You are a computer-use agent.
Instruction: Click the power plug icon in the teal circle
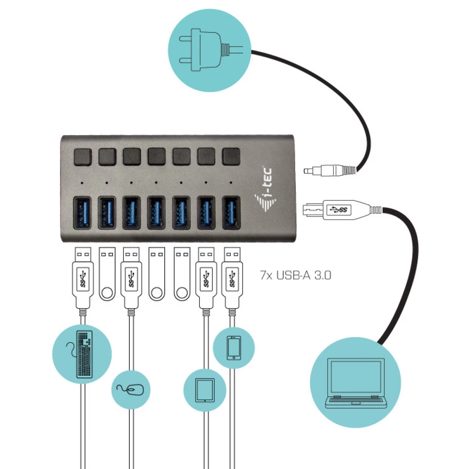coord(206,47)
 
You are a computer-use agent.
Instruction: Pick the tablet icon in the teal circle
coord(204,390)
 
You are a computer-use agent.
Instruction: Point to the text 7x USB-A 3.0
coord(295,275)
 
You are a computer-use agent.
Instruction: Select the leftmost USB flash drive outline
coord(107,275)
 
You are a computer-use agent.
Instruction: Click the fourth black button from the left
coord(156,157)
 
